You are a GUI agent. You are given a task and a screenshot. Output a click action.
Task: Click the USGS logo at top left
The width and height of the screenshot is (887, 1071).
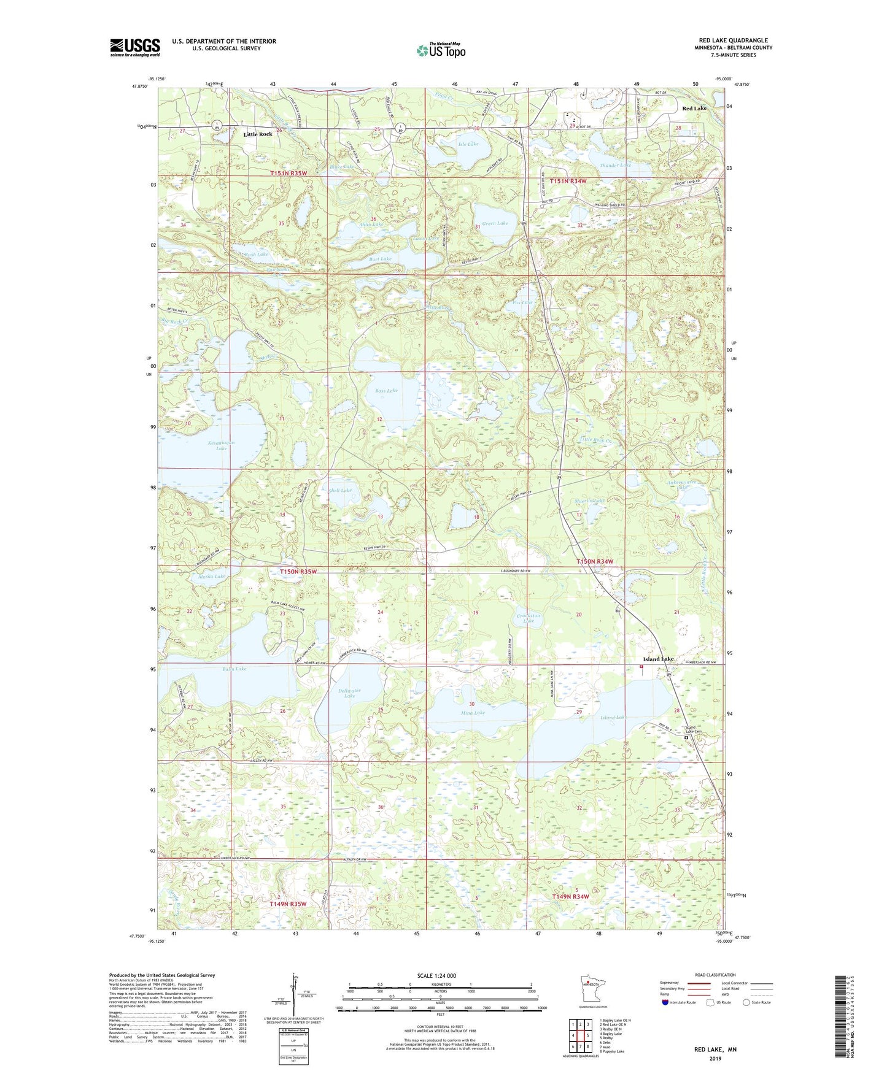135,47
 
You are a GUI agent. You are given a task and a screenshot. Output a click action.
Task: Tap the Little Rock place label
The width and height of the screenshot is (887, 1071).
258,134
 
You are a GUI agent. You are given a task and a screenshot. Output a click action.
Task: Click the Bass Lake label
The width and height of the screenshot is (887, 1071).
387,391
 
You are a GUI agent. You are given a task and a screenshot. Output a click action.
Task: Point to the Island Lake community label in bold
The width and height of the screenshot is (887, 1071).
658,659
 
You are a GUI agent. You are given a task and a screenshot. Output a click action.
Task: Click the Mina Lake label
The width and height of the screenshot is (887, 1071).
473,713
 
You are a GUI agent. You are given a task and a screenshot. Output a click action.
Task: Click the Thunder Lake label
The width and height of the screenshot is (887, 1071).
615,165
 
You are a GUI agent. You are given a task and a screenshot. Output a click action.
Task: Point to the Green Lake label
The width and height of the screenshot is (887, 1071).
495,224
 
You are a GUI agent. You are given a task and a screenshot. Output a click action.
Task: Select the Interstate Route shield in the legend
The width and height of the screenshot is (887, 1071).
667,1002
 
